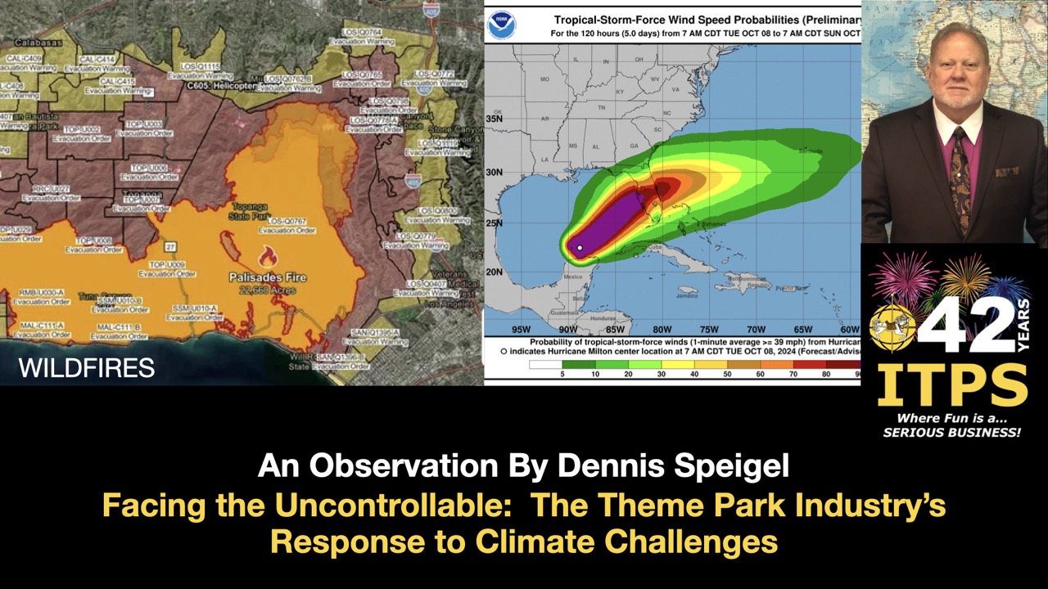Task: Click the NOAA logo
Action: (x=501, y=25)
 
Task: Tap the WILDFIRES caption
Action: (x=87, y=368)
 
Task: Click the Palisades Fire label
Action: (x=268, y=277)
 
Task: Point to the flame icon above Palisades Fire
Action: (x=268, y=255)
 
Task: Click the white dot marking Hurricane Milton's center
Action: (x=580, y=248)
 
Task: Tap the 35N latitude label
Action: (x=494, y=119)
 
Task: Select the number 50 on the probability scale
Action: (x=726, y=374)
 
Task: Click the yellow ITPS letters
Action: (x=952, y=385)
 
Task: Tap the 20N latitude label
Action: (x=494, y=272)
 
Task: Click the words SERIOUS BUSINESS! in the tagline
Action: (x=952, y=432)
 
